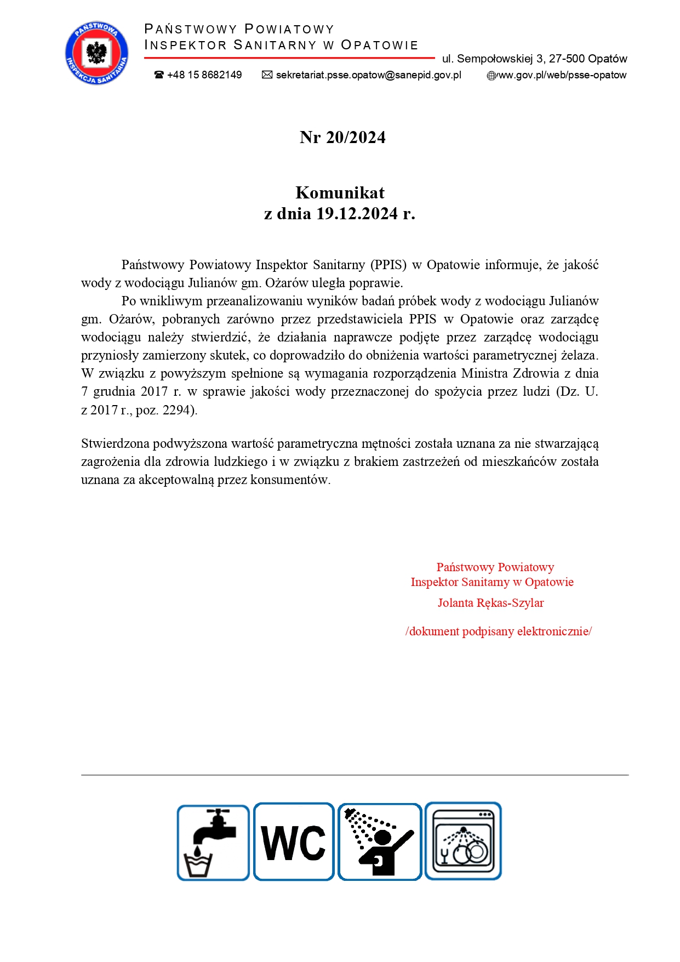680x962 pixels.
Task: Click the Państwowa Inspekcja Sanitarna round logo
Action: [96, 53]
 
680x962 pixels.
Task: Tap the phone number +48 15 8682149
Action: [204, 75]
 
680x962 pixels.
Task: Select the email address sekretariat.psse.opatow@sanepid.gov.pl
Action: [368, 75]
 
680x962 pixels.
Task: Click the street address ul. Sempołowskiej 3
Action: [493, 59]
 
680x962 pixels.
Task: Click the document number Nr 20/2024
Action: [342, 137]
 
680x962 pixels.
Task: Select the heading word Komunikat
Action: [340, 192]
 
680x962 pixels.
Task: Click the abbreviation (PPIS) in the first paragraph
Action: [388, 265]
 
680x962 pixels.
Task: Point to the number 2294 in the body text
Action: [176, 410]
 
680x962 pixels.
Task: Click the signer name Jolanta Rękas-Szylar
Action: [490, 603]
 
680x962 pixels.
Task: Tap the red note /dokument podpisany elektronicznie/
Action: [498, 631]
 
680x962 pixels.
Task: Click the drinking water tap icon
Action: [213, 843]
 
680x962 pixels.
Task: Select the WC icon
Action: [294, 842]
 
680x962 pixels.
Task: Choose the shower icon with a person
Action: [379, 842]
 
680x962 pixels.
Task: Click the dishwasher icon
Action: [463, 841]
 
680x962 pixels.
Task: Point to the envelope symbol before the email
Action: [267, 75]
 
